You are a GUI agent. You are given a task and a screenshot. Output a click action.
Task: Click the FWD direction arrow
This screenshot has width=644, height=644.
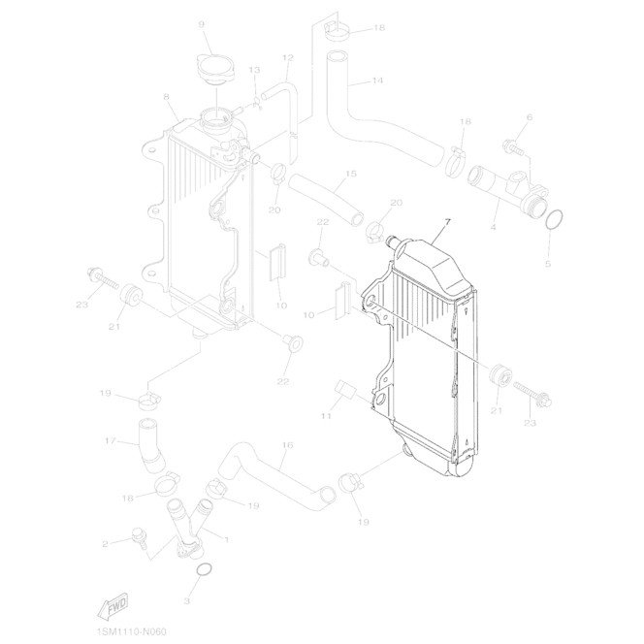pyautogui.click(x=113, y=606)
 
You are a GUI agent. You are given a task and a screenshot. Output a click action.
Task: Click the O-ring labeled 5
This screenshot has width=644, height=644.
pyautogui.click(x=554, y=219)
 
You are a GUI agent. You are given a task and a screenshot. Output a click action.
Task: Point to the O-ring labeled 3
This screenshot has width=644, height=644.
pyautogui.click(x=204, y=570)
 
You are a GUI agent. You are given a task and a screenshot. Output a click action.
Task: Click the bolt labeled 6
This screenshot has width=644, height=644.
pyautogui.click(x=513, y=147)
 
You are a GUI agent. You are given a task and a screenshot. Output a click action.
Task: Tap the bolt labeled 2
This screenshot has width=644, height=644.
pyautogui.click(x=140, y=538)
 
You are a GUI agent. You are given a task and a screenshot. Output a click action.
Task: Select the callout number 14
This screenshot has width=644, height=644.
pyautogui.click(x=377, y=80)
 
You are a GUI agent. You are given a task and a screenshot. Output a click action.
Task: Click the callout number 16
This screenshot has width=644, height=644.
pyautogui.click(x=288, y=445)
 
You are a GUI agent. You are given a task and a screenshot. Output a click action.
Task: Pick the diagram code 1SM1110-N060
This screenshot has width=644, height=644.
pyautogui.click(x=132, y=631)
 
